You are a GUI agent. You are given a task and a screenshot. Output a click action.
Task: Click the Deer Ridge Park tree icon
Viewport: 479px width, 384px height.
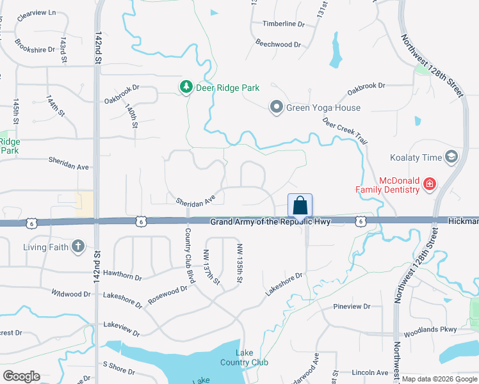(186, 87)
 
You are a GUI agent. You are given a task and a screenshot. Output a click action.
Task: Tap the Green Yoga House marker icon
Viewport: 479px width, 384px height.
(276, 107)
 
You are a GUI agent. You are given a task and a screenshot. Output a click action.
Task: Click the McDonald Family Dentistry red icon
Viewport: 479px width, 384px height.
(429, 186)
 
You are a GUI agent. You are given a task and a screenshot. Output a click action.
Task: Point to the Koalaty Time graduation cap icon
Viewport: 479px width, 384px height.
(451, 157)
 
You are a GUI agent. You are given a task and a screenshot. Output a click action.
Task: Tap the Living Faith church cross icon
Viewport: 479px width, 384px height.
(77, 246)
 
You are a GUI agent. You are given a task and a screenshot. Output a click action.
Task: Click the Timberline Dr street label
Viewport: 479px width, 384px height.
(284, 24)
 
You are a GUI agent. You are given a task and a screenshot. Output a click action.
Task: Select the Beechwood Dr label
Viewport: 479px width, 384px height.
(278, 44)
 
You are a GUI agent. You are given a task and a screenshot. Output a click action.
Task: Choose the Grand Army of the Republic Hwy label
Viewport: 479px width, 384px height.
(270, 221)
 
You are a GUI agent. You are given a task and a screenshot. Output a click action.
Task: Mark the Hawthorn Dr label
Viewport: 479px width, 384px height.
(122, 276)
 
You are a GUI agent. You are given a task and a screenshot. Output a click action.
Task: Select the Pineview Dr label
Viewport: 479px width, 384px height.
(352, 307)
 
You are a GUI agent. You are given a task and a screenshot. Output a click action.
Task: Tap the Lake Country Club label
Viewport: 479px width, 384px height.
(252, 358)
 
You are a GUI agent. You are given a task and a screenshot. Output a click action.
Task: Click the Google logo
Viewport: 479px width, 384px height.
(21, 376)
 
